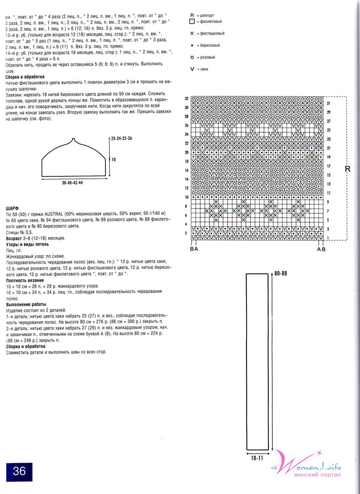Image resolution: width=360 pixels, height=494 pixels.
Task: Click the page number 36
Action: tap(19, 471)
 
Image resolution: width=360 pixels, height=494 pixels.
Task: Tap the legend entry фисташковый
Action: tap(212, 33)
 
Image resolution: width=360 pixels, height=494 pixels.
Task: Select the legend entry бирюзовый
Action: tap(210, 45)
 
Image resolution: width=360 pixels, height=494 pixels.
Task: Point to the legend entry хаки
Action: tap(204, 69)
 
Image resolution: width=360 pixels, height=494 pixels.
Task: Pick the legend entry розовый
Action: tap(207, 57)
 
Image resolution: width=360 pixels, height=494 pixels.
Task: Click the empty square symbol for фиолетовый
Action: tap(192, 22)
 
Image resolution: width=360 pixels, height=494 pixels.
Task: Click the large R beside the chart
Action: tap(348, 169)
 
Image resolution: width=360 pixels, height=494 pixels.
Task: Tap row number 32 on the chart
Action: tap(186, 99)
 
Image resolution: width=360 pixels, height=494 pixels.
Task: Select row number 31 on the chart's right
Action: tap(329, 103)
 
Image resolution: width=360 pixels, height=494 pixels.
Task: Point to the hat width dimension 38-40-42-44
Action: tap(72, 183)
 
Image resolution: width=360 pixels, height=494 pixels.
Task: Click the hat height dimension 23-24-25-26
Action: tap(122, 138)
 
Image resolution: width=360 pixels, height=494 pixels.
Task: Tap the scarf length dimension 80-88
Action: tap(280, 273)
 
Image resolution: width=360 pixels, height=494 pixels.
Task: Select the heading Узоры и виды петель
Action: tap(27, 244)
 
